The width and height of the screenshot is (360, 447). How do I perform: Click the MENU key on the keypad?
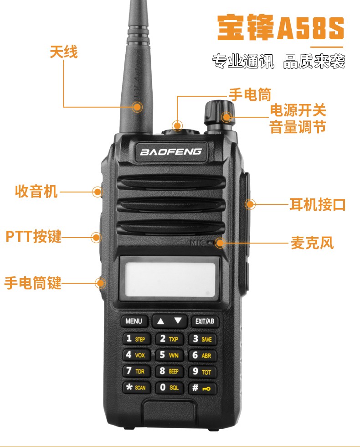(134, 321)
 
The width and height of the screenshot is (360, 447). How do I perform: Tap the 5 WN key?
(169, 355)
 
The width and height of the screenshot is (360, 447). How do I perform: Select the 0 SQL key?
(169, 387)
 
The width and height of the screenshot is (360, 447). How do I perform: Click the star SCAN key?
(136, 387)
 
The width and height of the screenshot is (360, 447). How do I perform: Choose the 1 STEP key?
(136, 339)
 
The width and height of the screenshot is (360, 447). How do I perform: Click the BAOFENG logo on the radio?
(171, 151)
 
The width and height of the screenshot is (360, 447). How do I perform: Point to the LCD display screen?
(170, 278)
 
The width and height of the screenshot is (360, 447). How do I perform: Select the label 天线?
(63, 52)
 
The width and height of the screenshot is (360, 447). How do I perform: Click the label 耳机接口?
(317, 204)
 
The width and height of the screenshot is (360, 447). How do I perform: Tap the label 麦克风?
(312, 243)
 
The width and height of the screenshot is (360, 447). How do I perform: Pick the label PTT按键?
(34, 236)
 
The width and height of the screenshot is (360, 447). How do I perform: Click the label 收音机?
(36, 191)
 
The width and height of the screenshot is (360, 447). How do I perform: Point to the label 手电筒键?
(33, 283)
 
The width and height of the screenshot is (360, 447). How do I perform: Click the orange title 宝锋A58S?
(281, 28)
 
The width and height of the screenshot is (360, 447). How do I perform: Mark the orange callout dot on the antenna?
(137, 107)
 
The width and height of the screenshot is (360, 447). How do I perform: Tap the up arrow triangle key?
(160, 322)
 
